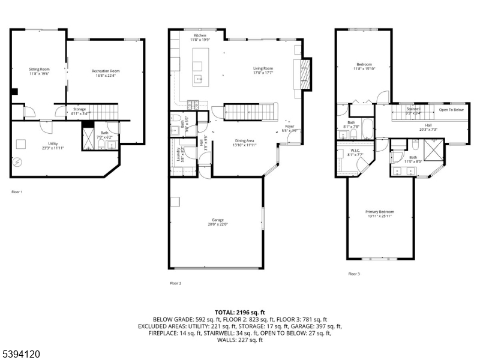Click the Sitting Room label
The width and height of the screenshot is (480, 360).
39,70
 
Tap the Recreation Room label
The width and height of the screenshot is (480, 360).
106,71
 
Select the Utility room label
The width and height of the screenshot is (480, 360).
53,143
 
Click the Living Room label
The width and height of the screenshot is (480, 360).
263,69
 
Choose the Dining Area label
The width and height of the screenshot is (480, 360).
244,141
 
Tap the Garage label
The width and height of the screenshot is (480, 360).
217,220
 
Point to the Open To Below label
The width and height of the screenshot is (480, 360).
451,110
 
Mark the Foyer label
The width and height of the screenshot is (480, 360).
290,127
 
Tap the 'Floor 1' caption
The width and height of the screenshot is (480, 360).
17,192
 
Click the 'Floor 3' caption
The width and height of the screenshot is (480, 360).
354,274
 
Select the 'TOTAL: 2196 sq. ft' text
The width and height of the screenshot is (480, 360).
239,312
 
